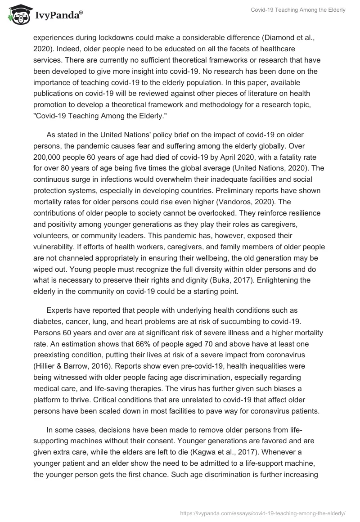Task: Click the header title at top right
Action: point(298,10)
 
